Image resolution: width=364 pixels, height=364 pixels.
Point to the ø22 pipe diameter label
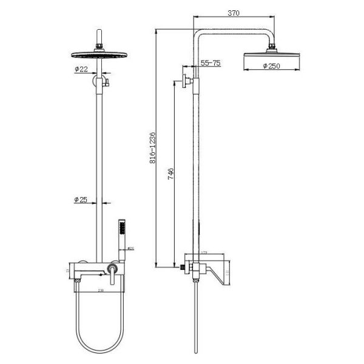pos(82,70)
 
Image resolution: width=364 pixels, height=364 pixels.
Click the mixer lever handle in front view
pos(112,272)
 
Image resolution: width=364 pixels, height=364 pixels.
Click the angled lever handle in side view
pos(215,271)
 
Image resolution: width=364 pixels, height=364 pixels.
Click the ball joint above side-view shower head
pos(271,46)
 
